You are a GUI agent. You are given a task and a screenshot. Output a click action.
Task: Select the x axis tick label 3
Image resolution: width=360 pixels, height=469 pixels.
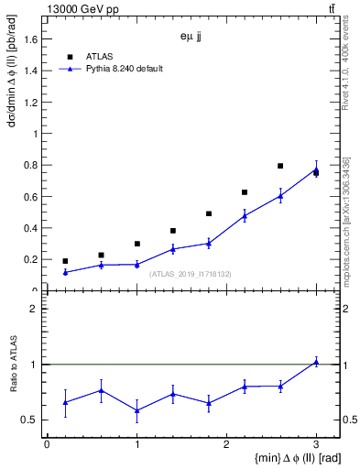[316, 444]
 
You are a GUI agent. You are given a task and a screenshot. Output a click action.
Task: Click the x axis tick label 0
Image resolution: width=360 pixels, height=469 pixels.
[47, 444]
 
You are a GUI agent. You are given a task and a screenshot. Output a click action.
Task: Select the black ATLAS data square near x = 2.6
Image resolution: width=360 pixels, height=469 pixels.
[280, 166]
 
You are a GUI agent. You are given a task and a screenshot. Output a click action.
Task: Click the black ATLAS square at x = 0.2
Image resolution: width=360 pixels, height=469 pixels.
[65, 261]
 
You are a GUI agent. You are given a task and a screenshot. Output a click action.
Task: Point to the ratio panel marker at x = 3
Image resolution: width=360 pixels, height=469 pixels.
[316, 362]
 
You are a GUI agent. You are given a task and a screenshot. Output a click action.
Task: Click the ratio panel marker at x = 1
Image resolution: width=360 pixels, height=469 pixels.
[136, 409]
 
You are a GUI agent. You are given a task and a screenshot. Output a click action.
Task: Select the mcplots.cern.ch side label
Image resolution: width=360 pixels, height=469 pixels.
[346, 220]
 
